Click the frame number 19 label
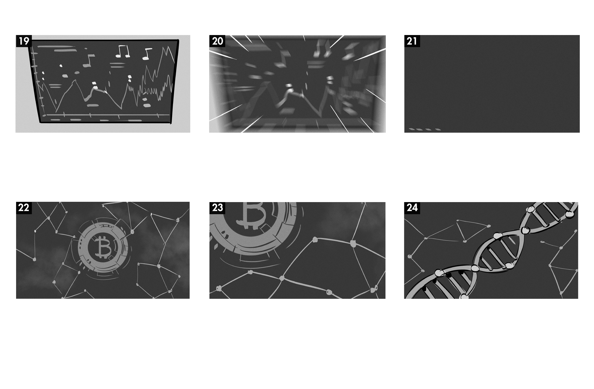(24, 41)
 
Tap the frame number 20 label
(217, 41)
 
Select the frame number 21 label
(412, 41)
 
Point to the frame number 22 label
(24, 208)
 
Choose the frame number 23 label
(217, 208)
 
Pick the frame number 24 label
(412, 208)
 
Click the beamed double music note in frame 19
(123, 51)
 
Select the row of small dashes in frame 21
(425, 129)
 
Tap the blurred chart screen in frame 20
(297, 84)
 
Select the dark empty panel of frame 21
(492, 84)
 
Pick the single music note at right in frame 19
(147, 54)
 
